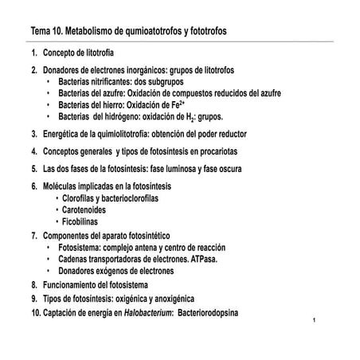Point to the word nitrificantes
114,81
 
